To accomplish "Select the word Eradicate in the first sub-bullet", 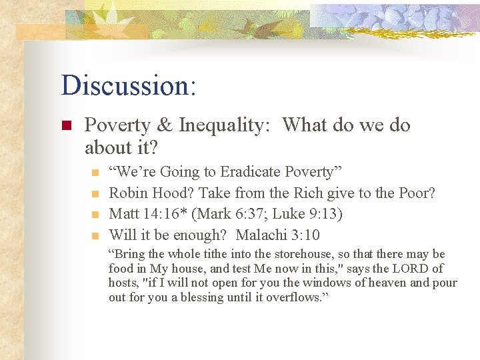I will point(250,172).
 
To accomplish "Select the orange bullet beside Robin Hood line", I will point(95,194).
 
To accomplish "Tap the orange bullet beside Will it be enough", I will point(95,235).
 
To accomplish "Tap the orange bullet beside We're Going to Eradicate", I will point(95,173).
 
